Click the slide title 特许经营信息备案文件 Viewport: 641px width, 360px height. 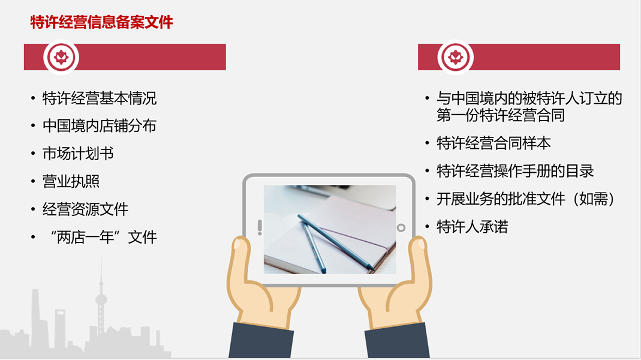[x=102, y=22]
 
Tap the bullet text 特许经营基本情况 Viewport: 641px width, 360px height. [x=100, y=98]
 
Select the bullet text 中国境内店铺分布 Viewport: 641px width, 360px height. [x=100, y=126]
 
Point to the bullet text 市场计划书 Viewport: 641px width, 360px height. [x=78, y=154]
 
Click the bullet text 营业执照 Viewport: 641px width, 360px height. [x=71, y=182]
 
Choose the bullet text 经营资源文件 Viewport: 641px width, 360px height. [x=85, y=209]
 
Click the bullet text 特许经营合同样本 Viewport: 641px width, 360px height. [x=494, y=143]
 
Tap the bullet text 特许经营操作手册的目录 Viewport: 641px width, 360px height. [x=515, y=171]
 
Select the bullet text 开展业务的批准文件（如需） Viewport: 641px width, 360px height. [x=526, y=199]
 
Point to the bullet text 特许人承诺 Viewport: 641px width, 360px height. [x=472, y=227]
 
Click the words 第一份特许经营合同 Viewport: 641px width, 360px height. [x=501, y=115]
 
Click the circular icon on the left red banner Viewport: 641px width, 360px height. [x=61, y=57]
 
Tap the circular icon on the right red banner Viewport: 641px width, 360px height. [x=455, y=57]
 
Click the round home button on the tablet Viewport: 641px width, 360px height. [x=401, y=228]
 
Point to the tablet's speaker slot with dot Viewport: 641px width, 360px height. [x=260, y=227]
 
